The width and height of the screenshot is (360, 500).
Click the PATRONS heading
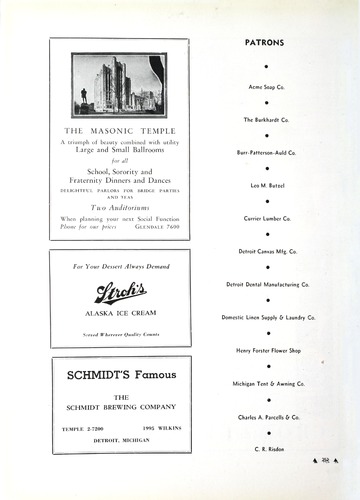pyautogui.click(x=265, y=43)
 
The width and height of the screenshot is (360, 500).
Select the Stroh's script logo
pyautogui.click(x=120, y=292)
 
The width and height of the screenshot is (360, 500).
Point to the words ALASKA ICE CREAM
pyautogui.click(x=120, y=313)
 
